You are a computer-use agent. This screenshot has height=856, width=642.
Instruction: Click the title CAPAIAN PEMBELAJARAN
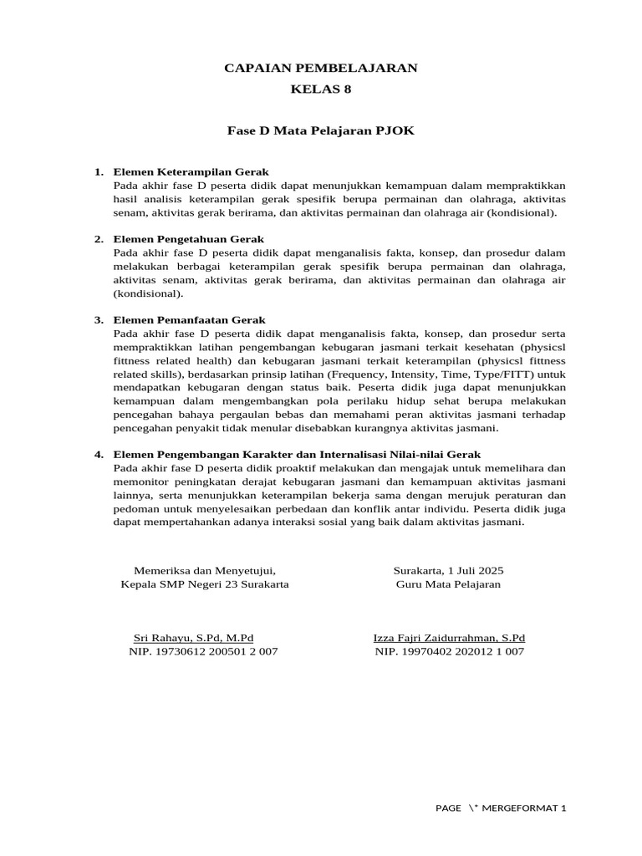tap(320, 68)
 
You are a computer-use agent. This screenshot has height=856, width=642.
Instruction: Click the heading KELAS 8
tap(320, 89)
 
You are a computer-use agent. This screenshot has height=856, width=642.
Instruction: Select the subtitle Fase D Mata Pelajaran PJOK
tap(320, 131)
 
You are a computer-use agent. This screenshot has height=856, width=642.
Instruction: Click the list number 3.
tap(98, 319)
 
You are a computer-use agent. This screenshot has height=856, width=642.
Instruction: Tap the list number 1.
tap(98, 172)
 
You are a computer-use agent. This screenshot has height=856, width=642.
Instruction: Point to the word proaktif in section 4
tap(289, 467)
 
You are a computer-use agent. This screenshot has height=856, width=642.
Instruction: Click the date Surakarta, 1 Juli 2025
tap(448, 571)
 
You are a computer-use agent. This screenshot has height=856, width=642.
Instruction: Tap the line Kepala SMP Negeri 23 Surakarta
tap(205, 584)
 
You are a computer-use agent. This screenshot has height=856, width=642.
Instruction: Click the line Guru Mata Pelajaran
tap(448, 584)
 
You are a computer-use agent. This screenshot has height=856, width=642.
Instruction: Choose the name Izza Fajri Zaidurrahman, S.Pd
tap(449, 638)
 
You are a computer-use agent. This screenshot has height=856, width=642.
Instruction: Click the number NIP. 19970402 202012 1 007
tap(449, 651)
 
